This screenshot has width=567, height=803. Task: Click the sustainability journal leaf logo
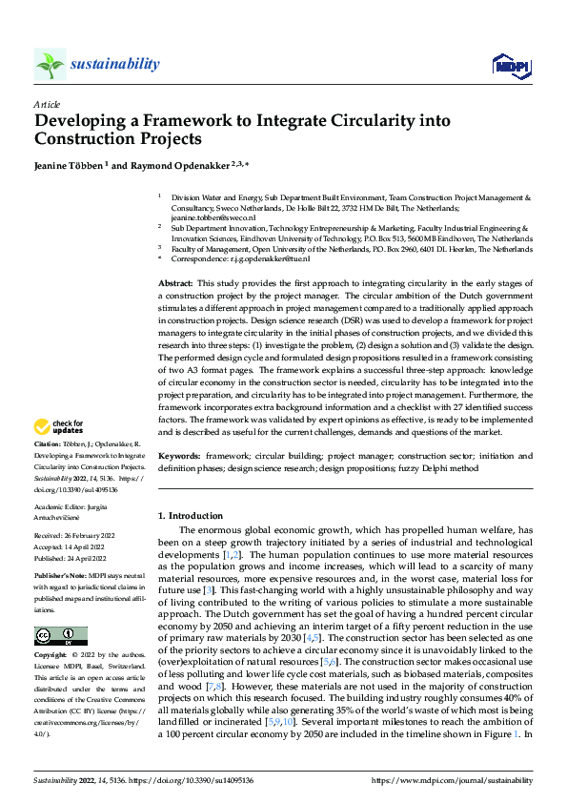50,64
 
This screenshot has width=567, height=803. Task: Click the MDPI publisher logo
510,65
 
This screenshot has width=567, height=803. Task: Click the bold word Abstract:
174,284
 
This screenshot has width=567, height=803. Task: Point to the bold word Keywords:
179,457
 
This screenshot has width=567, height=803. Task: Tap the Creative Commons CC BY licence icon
61,635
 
